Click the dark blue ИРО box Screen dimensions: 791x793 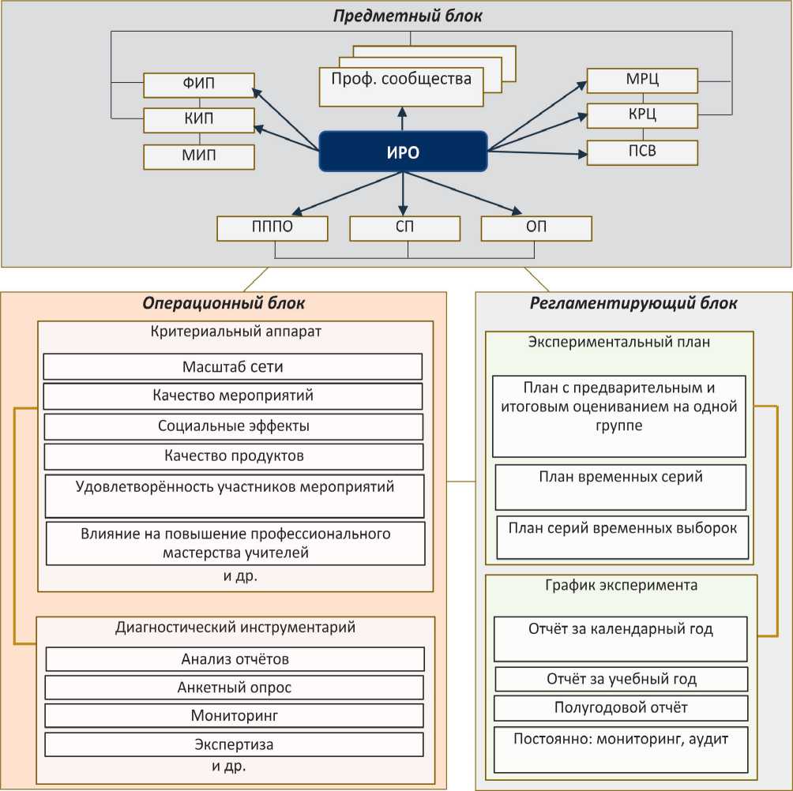[402, 152]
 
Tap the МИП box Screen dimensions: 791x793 [198, 156]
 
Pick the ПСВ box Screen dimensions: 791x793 [642, 152]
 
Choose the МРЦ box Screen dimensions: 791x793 [642, 81]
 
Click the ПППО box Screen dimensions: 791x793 [272, 228]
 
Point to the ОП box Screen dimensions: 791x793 [536, 228]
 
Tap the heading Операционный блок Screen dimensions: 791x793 [224, 303]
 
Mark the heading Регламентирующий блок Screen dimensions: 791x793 [633, 303]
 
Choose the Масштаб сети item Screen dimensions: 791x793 [232, 366]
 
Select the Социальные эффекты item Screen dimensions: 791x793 [232, 426]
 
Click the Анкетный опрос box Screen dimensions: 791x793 [234, 688]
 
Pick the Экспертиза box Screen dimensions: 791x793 [234, 744]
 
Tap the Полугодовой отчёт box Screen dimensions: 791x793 [620, 707]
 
